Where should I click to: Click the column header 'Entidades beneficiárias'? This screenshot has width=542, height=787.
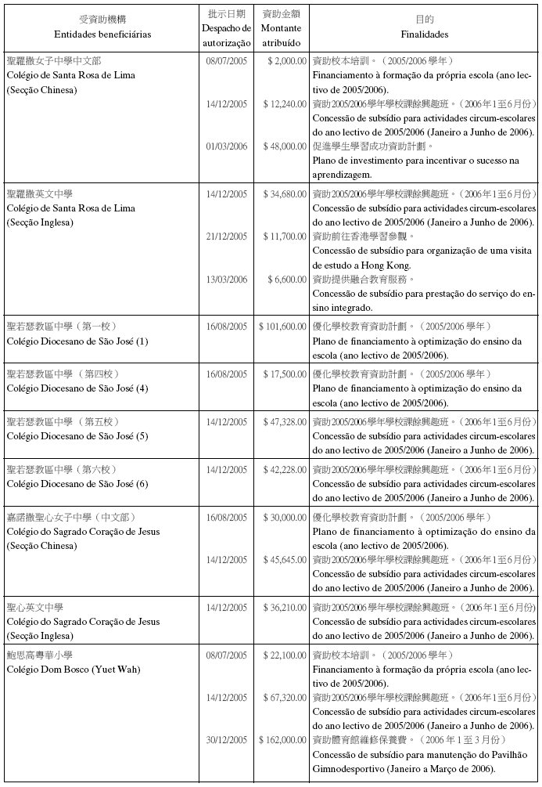[x=102, y=34]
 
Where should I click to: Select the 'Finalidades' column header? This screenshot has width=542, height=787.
[x=424, y=34]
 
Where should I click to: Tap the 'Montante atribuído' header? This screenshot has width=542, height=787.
[x=281, y=34]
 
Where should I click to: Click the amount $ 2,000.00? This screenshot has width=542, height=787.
[x=285, y=61]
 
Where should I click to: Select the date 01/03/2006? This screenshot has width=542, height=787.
[x=227, y=146]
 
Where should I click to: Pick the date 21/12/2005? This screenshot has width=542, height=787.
[x=227, y=236]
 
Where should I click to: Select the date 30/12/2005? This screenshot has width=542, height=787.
[x=227, y=740]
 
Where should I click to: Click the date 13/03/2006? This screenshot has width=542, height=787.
[x=227, y=280]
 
